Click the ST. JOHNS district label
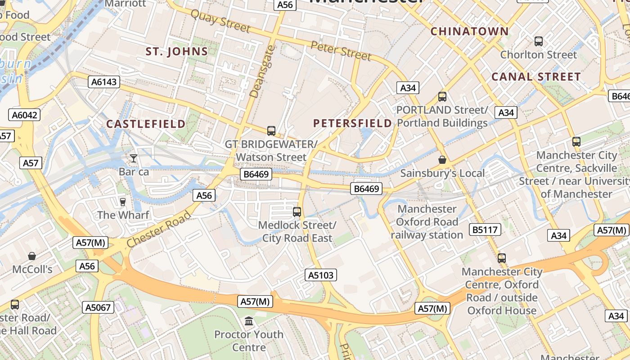tap(177, 51)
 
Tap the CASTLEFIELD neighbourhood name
tap(146, 124)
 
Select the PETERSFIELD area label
tap(352, 123)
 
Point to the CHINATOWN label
tap(470, 31)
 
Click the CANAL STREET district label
tap(536, 77)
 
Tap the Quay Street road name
tap(220, 21)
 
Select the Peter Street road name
tap(341, 50)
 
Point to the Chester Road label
tap(158, 229)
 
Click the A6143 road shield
tap(104, 82)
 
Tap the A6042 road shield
tap(24, 115)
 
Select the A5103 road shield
tap(321, 275)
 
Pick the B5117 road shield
tap(485, 230)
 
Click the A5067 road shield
tap(98, 308)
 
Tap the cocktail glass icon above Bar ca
tap(134, 158)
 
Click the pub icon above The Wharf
tap(122, 202)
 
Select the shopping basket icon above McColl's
tap(32, 256)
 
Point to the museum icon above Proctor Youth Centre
tap(249, 321)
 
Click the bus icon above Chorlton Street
tap(538, 41)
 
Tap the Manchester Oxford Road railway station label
tap(427, 222)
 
